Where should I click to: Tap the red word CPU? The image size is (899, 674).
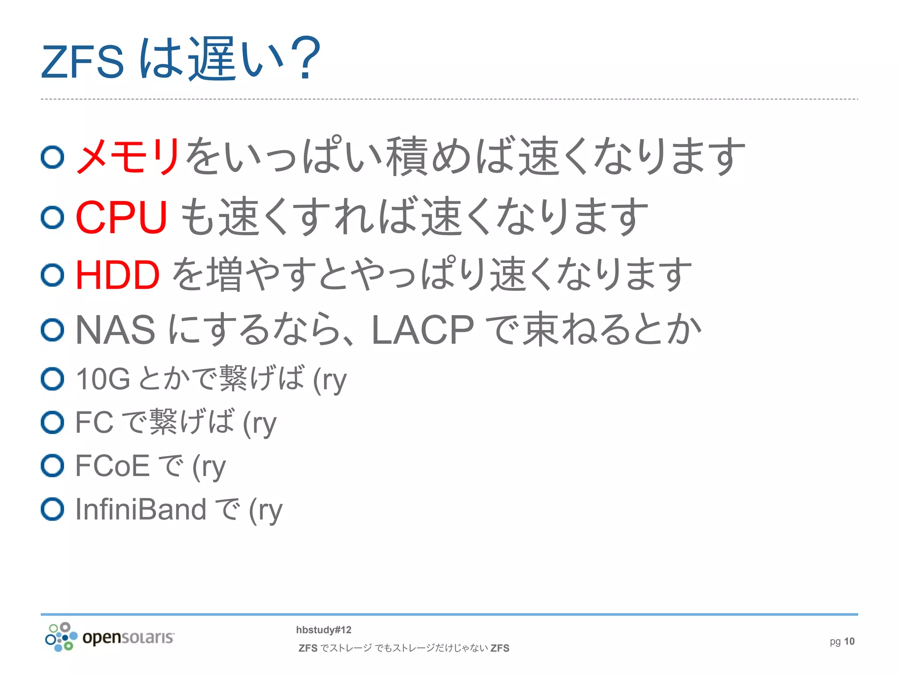121,217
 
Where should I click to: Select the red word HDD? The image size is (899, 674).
117,275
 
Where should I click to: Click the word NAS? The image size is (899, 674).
115,330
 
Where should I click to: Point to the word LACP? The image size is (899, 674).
422,330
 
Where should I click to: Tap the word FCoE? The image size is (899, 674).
112,466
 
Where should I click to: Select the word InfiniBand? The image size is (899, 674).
140,509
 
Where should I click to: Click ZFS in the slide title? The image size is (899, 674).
83,62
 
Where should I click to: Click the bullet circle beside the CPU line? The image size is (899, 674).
53,217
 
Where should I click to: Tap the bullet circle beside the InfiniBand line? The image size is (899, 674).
53,509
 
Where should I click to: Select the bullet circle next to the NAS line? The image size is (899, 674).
53,330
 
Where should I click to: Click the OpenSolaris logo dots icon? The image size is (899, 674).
61,637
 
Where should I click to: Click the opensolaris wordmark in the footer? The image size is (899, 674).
128,637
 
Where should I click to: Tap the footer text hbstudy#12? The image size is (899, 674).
324,630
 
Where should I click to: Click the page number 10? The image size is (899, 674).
849,642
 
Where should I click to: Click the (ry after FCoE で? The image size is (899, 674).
209,466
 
